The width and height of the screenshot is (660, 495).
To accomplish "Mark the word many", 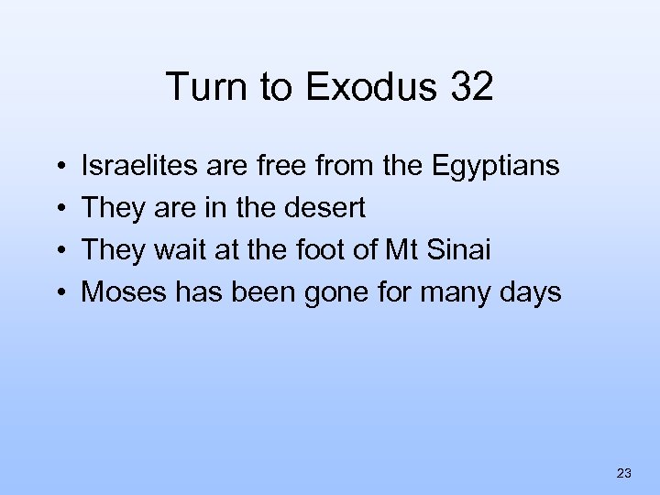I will pyautogui.click(x=469, y=293).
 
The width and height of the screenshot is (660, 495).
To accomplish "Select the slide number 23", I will pyautogui.click(x=624, y=473).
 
